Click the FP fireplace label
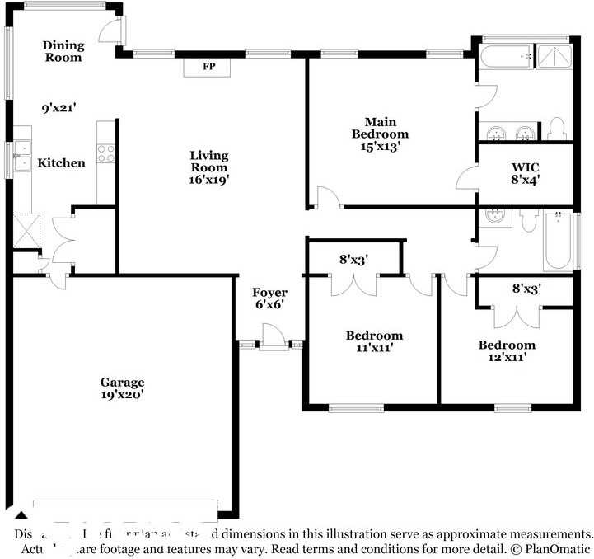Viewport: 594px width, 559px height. pyautogui.click(x=209, y=66)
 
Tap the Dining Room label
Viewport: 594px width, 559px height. pyautogui.click(x=63, y=51)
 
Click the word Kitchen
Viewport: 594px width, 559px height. pyautogui.click(x=62, y=162)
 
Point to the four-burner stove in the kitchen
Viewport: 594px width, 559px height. pyautogui.click(x=106, y=153)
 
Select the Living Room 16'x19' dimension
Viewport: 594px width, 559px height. pyautogui.click(x=208, y=178)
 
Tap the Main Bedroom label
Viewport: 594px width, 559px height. pyautogui.click(x=380, y=128)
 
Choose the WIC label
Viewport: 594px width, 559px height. pyautogui.click(x=525, y=165)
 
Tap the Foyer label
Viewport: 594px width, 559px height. pyautogui.click(x=269, y=293)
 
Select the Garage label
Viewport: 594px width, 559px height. pyautogui.click(x=122, y=382)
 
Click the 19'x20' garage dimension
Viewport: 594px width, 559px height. pyautogui.click(x=122, y=394)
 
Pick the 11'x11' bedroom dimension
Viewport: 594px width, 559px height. pyautogui.click(x=374, y=348)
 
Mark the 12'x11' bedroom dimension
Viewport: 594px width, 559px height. pyautogui.click(x=507, y=357)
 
